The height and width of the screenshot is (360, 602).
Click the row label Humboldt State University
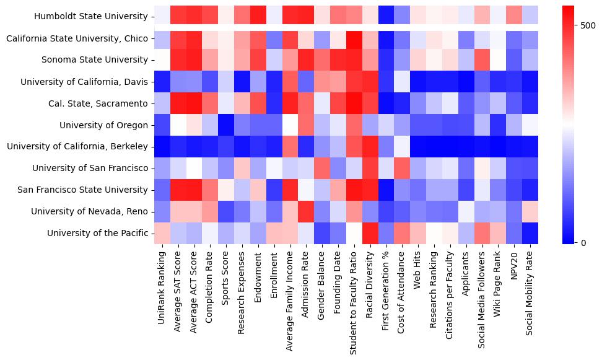(91, 17)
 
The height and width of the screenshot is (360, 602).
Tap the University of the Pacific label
(98, 233)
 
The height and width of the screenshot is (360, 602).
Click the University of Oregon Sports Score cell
(226, 125)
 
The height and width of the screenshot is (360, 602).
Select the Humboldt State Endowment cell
(258, 17)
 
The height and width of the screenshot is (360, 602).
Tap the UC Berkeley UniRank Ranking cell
(162, 147)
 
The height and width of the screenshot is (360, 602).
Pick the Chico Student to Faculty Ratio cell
(354, 38)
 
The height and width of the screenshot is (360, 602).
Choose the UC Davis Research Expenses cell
(242, 82)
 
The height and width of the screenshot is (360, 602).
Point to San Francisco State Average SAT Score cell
(178, 190)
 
